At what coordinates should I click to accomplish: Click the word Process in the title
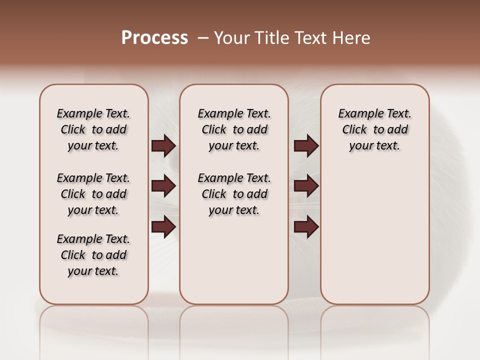pyautogui.click(x=154, y=38)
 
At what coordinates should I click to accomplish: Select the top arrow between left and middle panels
pyautogui.click(x=163, y=146)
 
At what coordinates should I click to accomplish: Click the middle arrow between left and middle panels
pyautogui.click(x=163, y=186)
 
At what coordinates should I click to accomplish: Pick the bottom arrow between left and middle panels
pyautogui.click(x=163, y=226)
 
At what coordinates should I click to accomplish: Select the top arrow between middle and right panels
pyautogui.click(x=306, y=146)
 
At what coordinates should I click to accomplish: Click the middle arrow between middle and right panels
pyautogui.click(x=306, y=186)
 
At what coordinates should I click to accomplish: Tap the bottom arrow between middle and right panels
pyautogui.click(x=306, y=226)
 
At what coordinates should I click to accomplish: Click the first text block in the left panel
pyautogui.click(x=93, y=129)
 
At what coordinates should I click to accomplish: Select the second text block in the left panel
pyautogui.click(x=93, y=194)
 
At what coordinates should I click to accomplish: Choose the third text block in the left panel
pyautogui.click(x=93, y=255)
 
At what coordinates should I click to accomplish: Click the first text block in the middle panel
pyautogui.click(x=234, y=129)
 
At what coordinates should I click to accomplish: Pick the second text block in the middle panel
pyautogui.click(x=234, y=194)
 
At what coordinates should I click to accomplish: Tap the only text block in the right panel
pyautogui.click(x=374, y=129)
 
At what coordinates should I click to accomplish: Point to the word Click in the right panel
pyautogui.click(x=354, y=130)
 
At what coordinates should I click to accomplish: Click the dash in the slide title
pyautogui.click(x=203, y=38)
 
